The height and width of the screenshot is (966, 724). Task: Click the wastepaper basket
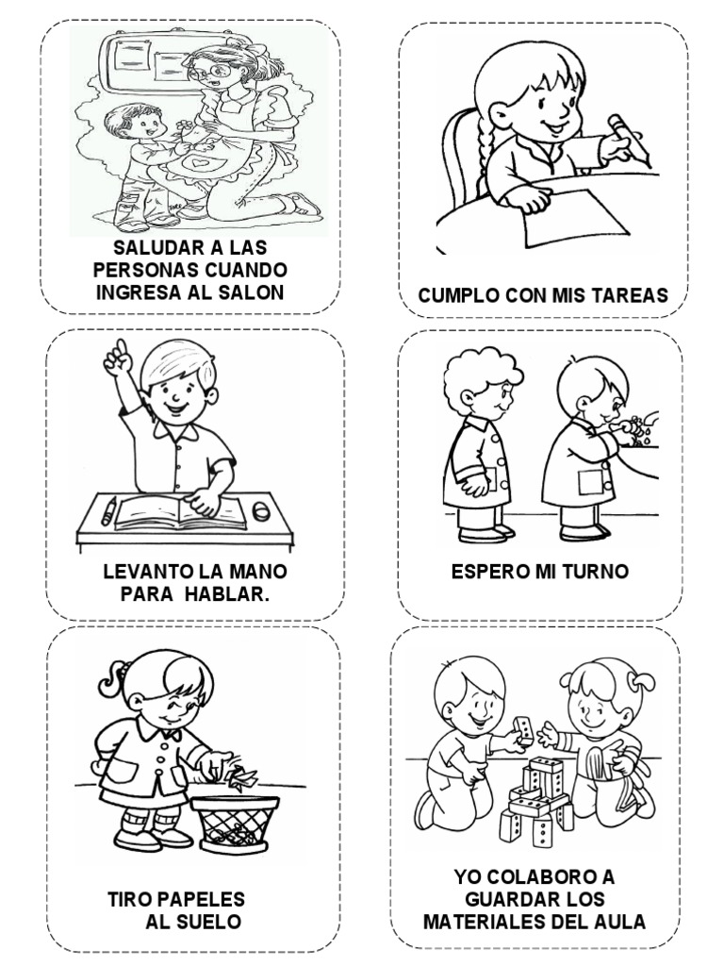tap(235, 823)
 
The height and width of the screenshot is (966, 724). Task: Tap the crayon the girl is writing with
tap(629, 140)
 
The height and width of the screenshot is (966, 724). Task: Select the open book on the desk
tap(180, 512)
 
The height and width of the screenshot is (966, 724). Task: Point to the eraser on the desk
tap(261, 510)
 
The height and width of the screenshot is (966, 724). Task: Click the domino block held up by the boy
tap(522, 727)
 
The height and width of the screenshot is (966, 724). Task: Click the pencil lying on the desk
tap(109, 511)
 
